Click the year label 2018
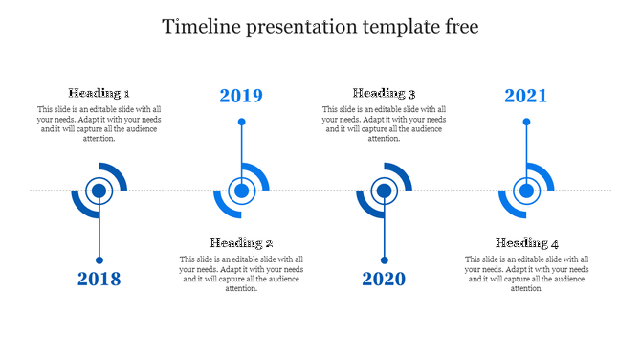point(99,280)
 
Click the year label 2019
point(241,96)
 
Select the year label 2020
point(384,280)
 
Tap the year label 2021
point(526,96)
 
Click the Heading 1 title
point(99,93)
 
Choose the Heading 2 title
point(242,243)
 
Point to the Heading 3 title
point(385,93)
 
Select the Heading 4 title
point(527,243)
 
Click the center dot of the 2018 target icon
point(99,191)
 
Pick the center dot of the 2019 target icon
point(242,191)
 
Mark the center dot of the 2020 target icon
point(384,191)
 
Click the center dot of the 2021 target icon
point(527,191)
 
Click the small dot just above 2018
point(99,260)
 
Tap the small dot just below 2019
point(242,122)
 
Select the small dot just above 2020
point(384,260)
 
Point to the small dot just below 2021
point(527,122)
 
